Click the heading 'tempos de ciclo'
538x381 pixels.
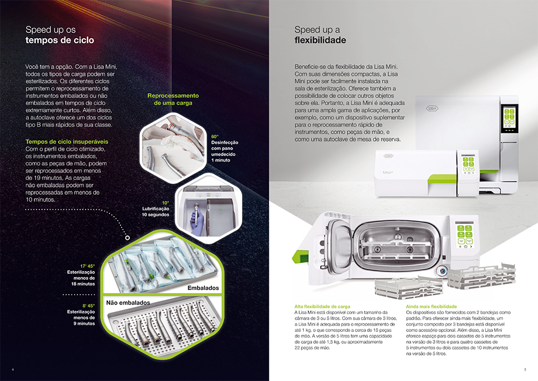60,40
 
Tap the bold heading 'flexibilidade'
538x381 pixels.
320,40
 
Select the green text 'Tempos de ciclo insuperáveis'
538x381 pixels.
67,142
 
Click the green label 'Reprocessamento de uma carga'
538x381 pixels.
173,99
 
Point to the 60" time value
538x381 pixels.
215,136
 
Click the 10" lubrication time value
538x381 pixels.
165,203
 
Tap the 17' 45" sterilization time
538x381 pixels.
88,266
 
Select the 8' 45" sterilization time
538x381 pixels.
89,306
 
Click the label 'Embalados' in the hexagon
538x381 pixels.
203,288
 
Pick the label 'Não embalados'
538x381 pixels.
128,303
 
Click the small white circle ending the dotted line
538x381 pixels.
128,238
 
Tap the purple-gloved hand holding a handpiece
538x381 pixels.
197,220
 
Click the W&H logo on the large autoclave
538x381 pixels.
432,108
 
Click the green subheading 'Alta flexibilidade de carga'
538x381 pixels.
322,307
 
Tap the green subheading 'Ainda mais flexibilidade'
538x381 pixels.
431,307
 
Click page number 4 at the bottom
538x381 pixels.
13,370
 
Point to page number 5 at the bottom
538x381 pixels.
525,370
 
